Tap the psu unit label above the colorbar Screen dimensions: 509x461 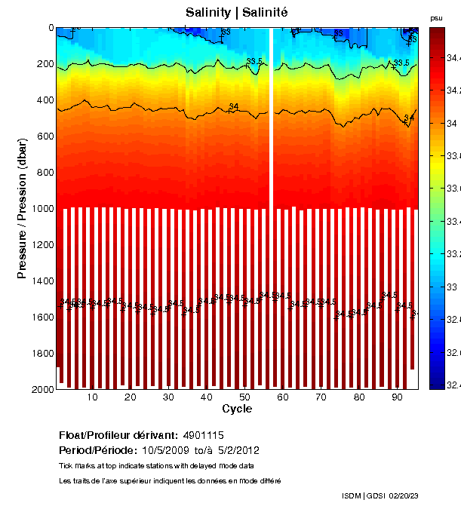click(x=436, y=17)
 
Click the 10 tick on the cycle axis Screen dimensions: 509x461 click(x=93, y=397)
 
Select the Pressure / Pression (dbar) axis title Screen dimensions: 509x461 click(x=23, y=209)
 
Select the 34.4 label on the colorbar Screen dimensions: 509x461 click(x=453, y=58)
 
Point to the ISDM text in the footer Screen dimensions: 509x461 click(x=352, y=495)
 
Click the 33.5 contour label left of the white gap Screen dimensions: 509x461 click(x=254, y=61)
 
